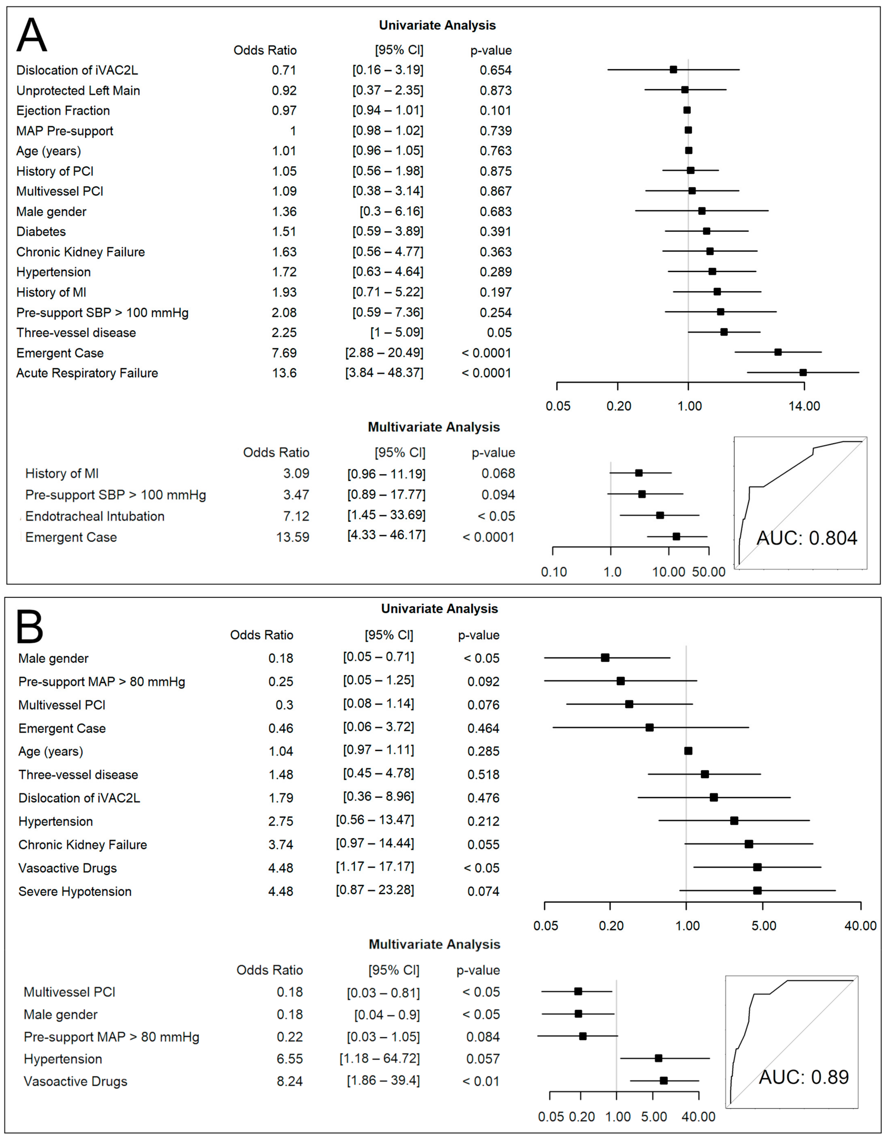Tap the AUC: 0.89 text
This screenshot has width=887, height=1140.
[x=804, y=1077]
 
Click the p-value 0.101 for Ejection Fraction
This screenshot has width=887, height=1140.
[x=495, y=111]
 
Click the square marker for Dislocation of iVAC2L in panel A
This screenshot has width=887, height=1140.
[x=673, y=69]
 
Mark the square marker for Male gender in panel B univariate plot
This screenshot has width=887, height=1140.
[x=605, y=658]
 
